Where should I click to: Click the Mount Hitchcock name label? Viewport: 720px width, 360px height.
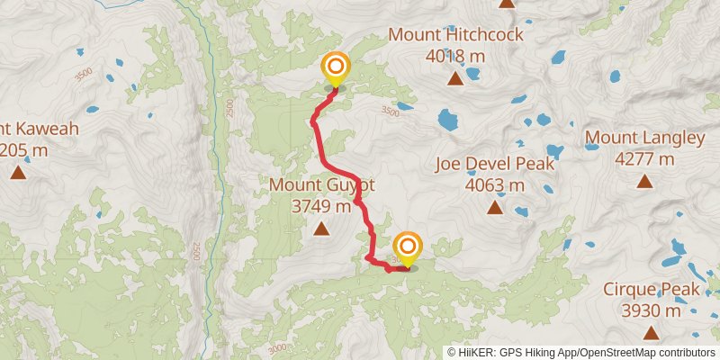[455, 35]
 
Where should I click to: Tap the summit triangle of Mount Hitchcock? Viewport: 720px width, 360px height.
[455, 79]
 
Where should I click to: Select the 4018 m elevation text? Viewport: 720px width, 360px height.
[455, 56]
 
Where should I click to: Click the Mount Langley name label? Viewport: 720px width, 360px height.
[644, 138]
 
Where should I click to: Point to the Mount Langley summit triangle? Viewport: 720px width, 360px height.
[644, 182]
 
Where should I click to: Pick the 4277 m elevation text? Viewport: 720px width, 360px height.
[644, 159]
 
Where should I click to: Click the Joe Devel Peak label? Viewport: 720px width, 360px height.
[494, 164]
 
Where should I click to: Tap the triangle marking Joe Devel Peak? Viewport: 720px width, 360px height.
[494, 209]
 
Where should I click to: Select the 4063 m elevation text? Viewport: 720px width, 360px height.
[494, 185]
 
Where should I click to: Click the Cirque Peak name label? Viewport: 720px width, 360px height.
[651, 290]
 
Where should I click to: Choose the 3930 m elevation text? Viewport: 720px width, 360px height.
[651, 311]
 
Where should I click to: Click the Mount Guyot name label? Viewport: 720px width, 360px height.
[321, 185]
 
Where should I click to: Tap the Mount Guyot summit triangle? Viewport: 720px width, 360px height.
[321, 229]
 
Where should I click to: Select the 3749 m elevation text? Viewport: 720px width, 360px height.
[321, 207]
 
